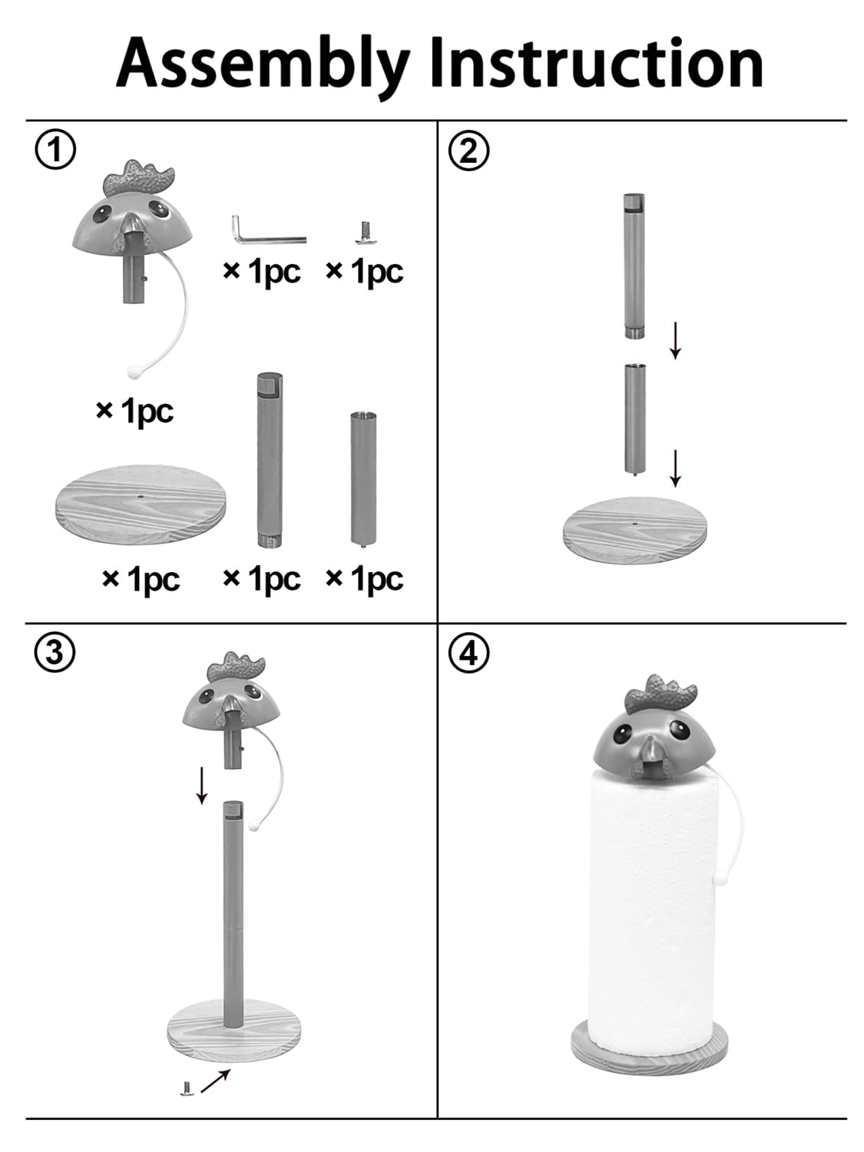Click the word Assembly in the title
click(262, 65)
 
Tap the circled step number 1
click(55, 150)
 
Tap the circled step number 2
click(469, 151)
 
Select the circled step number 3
click(55, 653)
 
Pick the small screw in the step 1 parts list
click(364, 233)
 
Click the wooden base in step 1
click(140, 505)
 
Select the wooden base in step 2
click(635, 530)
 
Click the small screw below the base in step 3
click(186, 1088)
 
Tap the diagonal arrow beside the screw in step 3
click(215, 1081)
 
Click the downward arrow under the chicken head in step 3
click(201, 785)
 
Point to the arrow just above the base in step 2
click(676, 468)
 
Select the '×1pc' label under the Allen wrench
click(262, 271)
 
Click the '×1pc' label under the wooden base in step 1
click(141, 579)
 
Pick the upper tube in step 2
click(634, 266)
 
